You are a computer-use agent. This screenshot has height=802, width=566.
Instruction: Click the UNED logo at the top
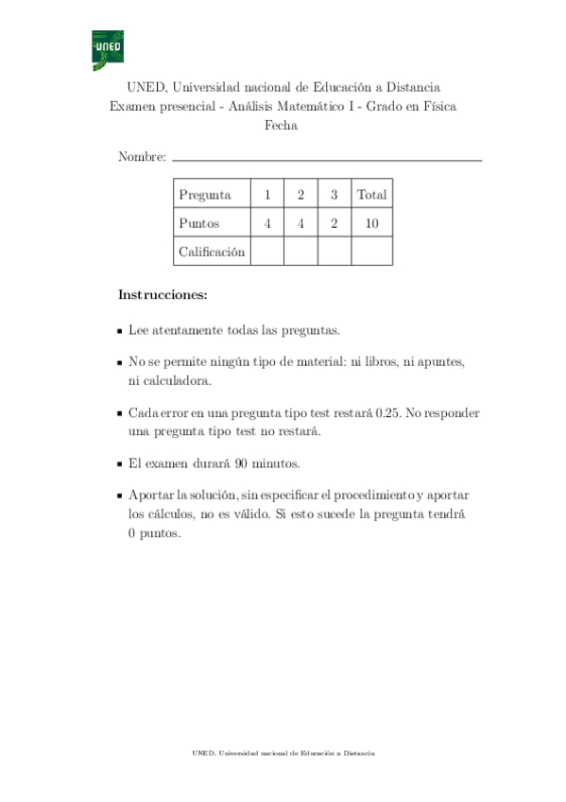[x=108, y=50]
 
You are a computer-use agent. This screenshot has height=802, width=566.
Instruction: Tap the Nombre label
[x=142, y=157]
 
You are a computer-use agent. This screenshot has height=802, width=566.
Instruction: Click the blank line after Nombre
[x=327, y=160]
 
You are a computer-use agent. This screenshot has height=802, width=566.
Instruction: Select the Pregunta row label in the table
[x=205, y=195]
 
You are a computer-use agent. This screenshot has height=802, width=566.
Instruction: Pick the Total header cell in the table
[x=371, y=195]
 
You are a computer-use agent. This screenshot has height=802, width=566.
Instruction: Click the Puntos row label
[x=198, y=223]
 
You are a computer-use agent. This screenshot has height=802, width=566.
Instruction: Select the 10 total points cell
[x=371, y=223]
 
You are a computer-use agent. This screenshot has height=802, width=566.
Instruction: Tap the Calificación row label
[x=212, y=252]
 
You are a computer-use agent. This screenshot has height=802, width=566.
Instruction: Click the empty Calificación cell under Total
[x=371, y=252]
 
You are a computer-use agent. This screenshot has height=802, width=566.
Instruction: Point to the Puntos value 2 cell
[x=334, y=223]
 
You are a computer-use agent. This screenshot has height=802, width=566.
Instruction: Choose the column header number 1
[x=267, y=195]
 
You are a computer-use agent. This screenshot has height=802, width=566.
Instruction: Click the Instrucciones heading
[x=162, y=295]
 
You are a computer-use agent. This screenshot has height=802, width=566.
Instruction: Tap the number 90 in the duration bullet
[x=235, y=464]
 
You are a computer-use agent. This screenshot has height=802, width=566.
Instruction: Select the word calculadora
[x=170, y=380]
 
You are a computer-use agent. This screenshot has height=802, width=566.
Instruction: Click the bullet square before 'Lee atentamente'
[x=119, y=331]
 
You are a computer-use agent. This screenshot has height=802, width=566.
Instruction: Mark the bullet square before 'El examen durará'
[x=119, y=465]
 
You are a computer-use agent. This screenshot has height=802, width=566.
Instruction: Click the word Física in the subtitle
[x=437, y=107]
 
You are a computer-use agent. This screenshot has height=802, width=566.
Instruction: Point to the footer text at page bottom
[x=283, y=753]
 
